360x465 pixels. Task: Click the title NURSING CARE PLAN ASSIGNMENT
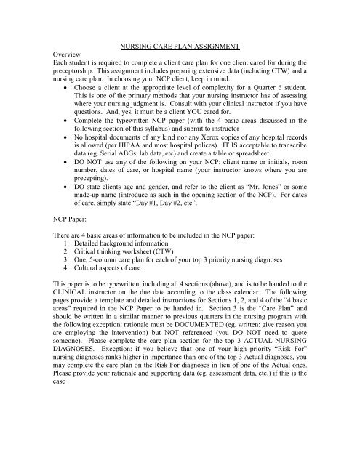coord(180,46)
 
